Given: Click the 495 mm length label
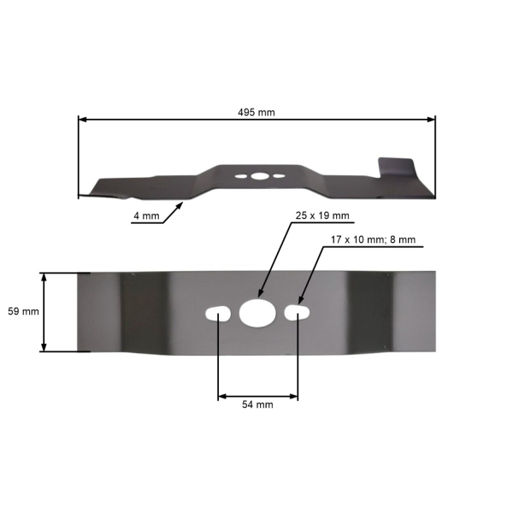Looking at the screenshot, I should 256,112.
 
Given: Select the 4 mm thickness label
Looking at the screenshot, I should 145,217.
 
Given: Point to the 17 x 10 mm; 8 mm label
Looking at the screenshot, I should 373,240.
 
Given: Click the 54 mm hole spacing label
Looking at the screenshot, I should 258,404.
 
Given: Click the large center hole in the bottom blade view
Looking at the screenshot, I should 256,313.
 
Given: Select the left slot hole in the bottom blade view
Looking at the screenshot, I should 219,313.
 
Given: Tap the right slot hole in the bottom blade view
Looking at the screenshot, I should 297,313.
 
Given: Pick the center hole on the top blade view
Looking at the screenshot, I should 257,176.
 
